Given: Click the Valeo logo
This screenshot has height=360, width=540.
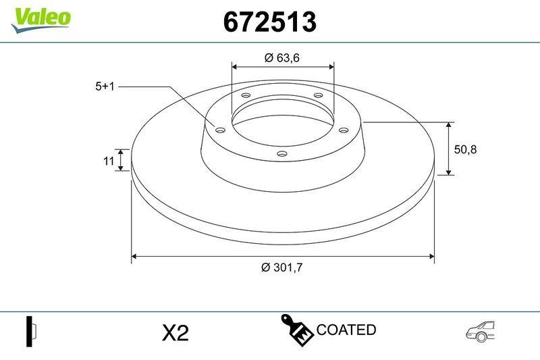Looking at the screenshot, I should coord(40,18).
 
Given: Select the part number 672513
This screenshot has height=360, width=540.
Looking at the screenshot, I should coord(269,22).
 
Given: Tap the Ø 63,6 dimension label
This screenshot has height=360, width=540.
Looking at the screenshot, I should coord(281,57).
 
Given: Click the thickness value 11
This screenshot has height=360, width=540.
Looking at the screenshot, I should coord(107,161).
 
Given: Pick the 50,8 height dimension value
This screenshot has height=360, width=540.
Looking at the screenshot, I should coord(465,150).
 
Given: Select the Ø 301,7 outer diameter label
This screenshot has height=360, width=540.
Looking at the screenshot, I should coord(281,267).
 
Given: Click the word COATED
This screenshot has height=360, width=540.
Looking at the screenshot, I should coord(346,330).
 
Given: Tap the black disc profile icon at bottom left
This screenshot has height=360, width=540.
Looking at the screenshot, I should coord(30,331).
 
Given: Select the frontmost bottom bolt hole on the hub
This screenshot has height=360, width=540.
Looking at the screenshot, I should coord(282,155).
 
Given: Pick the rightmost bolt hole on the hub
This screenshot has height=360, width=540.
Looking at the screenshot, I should coord(343,130).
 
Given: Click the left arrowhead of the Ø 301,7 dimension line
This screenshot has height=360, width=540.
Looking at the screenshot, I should coord(134,257).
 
